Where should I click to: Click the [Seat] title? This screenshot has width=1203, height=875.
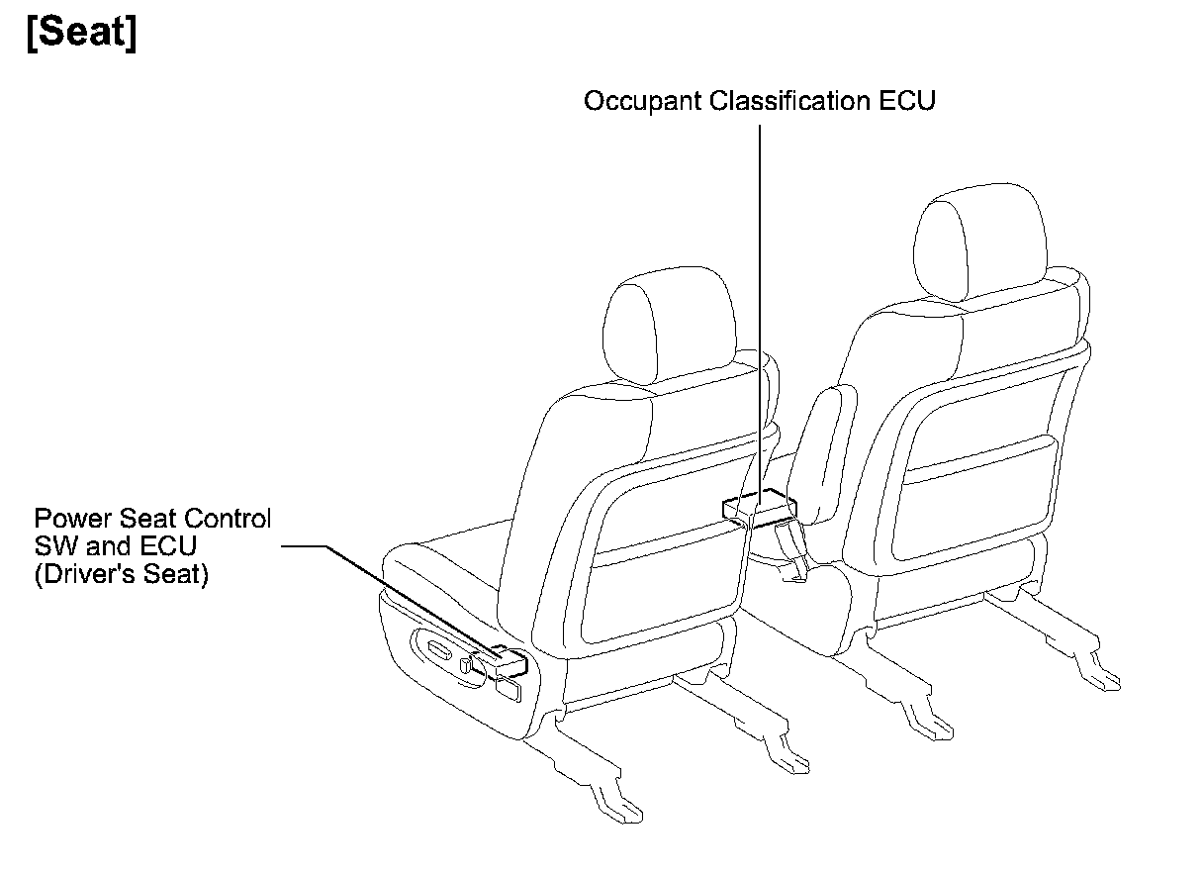(x=81, y=35)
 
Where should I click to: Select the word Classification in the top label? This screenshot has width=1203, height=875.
(x=780, y=102)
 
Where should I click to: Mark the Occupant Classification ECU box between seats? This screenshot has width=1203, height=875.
(x=760, y=508)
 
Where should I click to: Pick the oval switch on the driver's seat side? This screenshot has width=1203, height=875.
(x=439, y=648)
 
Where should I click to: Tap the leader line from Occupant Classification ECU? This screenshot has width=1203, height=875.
(x=759, y=297)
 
